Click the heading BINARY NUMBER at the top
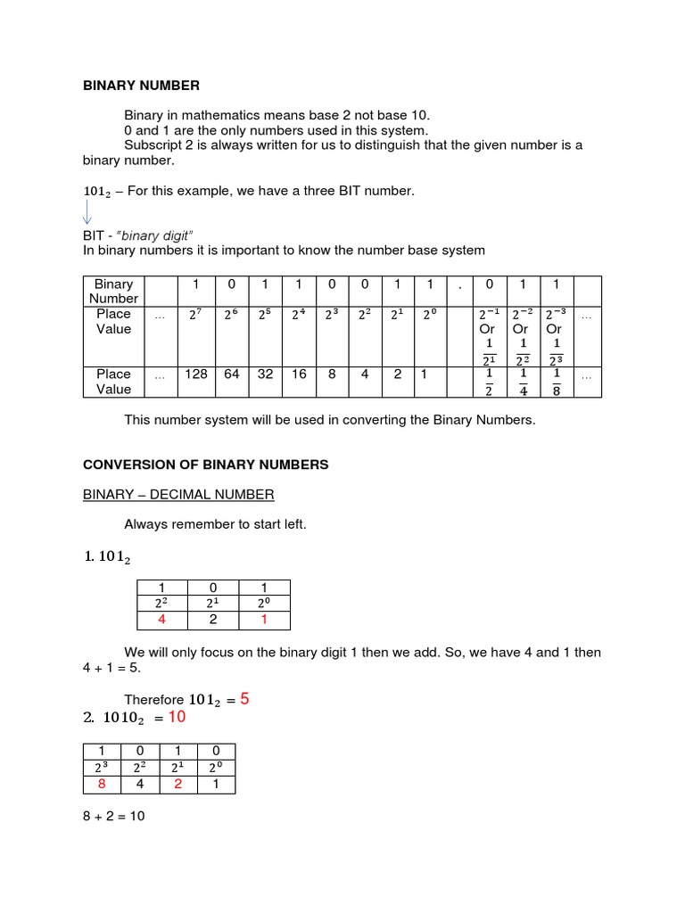(141, 86)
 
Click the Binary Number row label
(113, 291)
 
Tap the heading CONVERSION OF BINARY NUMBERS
(206, 465)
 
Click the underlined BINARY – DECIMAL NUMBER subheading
(178, 494)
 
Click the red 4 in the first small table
(161, 619)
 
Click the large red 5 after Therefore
(244, 700)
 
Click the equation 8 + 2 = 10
(113, 815)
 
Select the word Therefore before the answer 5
(153, 701)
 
